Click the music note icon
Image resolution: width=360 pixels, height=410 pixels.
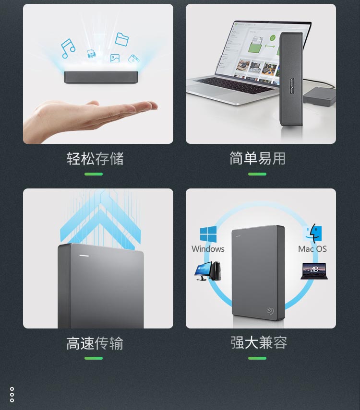pyautogui.click(x=68, y=48)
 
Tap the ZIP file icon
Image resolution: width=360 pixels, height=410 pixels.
pyautogui.click(x=91, y=54)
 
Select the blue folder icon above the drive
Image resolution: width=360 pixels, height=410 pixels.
pyautogui.click(x=122, y=39)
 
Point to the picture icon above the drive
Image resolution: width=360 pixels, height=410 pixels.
pyautogui.click(x=115, y=58)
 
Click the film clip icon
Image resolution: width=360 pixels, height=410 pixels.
pyautogui.click(x=133, y=59)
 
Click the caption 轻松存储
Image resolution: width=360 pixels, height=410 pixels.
pyautogui.click(x=95, y=159)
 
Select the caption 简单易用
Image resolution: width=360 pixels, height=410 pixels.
pyautogui.click(x=257, y=158)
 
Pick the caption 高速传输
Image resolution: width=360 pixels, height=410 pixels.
pyautogui.click(x=95, y=343)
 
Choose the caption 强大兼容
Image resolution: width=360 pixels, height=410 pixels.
pyautogui.click(x=259, y=342)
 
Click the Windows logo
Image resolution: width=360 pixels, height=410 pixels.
pyautogui.click(x=208, y=234)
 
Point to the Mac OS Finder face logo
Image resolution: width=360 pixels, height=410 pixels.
pyautogui.click(x=313, y=232)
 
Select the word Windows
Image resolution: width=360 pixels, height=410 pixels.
pyautogui.click(x=208, y=249)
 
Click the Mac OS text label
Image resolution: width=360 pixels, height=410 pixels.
pyautogui.click(x=312, y=249)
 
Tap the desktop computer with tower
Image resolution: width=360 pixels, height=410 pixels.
pyautogui.click(x=208, y=271)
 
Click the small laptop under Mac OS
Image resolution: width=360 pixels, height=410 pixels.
pyautogui.click(x=314, y=271)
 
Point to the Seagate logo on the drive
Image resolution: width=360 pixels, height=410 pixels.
pyautogui.click(x=270, y=311)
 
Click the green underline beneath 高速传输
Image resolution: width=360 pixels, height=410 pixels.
pyautogui.click(x=94, y=358)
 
